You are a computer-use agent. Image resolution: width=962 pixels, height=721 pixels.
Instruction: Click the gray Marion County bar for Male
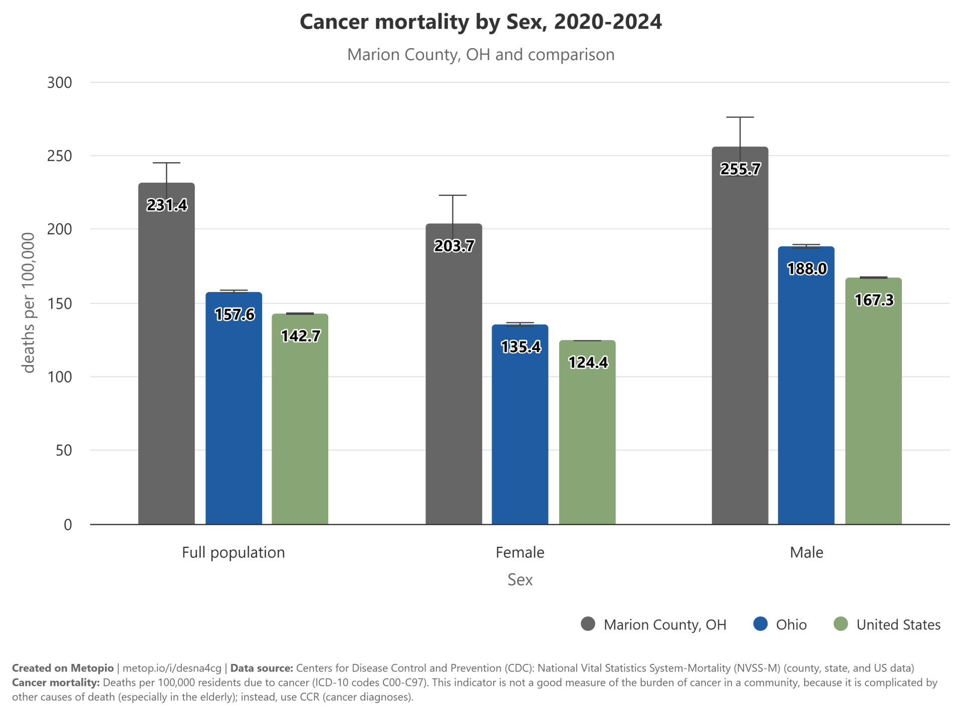740,335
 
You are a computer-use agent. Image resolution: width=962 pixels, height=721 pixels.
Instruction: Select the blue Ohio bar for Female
520,425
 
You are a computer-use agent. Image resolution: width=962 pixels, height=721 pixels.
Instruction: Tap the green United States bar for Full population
300,419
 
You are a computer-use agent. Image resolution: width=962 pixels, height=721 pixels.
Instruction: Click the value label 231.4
167,205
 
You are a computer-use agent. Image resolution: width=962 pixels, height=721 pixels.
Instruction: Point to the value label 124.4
588,362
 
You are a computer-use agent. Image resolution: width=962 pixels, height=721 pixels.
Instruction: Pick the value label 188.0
807,269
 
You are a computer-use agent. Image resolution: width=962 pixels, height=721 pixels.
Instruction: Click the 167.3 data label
874,300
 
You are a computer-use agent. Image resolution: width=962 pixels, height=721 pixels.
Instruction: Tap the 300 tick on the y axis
60,83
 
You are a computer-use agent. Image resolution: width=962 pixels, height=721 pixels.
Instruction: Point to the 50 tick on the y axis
64,450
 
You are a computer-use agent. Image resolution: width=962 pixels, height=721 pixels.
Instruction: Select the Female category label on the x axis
520,552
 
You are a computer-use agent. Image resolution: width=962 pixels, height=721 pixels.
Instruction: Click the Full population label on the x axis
233,553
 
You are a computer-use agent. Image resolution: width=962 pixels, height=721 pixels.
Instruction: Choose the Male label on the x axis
807,552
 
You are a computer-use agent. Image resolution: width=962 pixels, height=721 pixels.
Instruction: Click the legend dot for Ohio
761,624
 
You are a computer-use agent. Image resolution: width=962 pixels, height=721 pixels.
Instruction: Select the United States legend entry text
898,624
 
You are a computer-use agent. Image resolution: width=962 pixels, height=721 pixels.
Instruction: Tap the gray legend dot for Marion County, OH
588,624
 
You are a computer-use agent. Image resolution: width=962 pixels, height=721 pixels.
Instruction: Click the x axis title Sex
520,579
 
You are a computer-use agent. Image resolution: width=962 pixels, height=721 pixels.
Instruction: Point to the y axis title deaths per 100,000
29,303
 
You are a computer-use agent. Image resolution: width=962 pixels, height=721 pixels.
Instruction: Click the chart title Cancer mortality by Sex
481,22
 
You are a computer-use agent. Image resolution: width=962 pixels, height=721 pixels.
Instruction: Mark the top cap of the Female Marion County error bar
453,195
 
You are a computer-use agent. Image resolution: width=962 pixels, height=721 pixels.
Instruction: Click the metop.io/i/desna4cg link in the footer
172,668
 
